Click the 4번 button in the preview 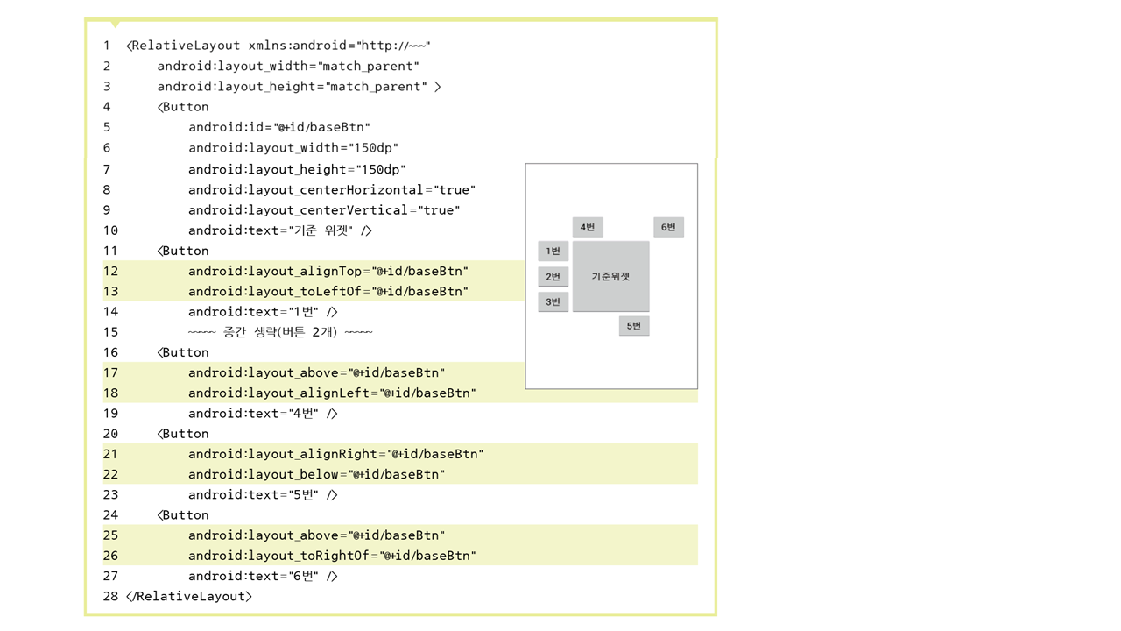coord(588,228)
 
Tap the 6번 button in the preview coord(668,228)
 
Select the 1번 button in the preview coord(553,252)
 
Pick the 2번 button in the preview coord(553,277)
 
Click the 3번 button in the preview coord(553,302)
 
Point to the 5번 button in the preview coord(634,326)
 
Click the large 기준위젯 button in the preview coord(610,276)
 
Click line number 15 coord(110,332)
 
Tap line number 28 coord(110,597)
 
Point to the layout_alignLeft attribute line coord(332,393)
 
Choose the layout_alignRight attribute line coord(335,454)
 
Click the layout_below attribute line coord(316,474)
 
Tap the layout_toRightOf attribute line coord(332,556)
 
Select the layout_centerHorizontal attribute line coord(332,190)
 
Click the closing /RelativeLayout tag coord(189,597)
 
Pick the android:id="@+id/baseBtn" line coord(279,127)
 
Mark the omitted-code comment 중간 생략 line coord(280,332)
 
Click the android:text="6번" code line coord(263,576)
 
